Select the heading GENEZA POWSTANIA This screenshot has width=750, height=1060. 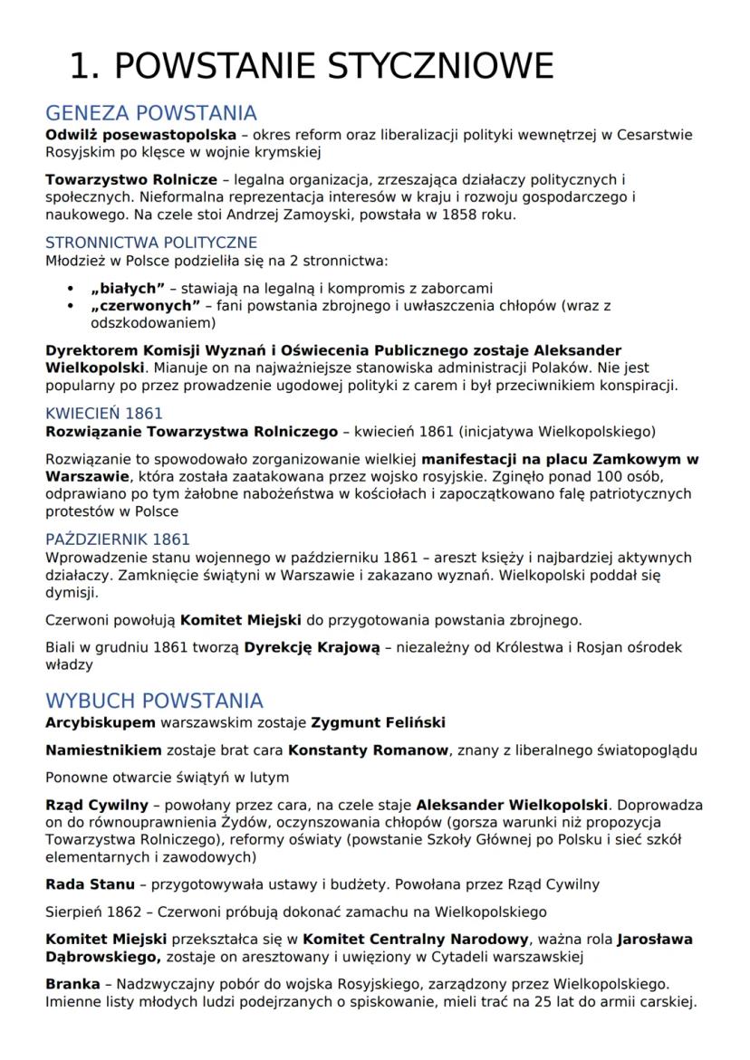point(151,114)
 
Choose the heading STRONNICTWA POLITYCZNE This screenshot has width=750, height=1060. point(151,243)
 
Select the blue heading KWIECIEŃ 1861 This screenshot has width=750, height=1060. point(104,413)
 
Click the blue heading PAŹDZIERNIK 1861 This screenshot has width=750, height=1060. point(118,540)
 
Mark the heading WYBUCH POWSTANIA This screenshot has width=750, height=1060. point(154,702)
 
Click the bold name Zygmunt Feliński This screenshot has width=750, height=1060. point(378,722)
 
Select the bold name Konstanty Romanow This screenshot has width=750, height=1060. point(369,750)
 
